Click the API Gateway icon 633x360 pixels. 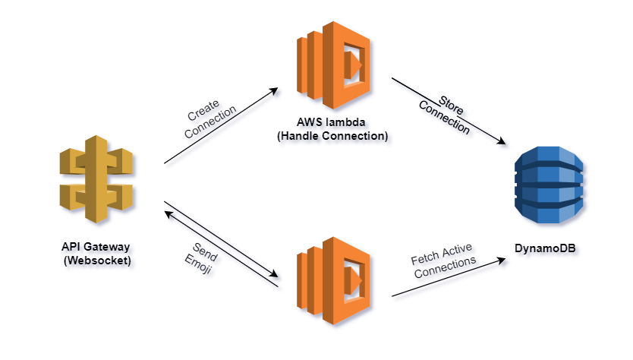point(96,179)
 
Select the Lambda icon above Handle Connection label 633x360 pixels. point(333,65)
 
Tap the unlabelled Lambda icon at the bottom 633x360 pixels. point(333,281)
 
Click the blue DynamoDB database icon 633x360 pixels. point(549,185)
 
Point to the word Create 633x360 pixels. point(203,110)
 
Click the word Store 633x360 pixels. point(451,106)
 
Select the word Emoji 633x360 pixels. point(198,264)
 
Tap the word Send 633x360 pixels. point(205,252)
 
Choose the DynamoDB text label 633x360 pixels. point(545,248)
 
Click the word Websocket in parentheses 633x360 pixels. point(97,261)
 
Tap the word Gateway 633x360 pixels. point(107,247)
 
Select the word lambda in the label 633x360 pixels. point(345,122)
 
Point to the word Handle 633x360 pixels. point(300,136)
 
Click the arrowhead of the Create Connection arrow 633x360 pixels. point(274,90)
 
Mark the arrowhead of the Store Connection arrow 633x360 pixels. point(502,141)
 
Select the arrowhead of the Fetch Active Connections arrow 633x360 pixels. point(502,260)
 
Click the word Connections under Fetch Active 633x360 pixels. point(446,267)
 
